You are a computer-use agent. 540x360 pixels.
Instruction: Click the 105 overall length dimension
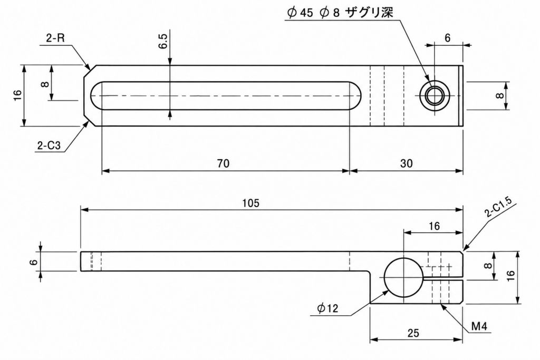point(250,203)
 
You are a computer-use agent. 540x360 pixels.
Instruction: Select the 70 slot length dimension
point(223,163)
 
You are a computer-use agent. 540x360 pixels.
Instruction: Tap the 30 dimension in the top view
point(407,163)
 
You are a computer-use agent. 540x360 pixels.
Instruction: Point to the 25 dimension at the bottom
point(413,333)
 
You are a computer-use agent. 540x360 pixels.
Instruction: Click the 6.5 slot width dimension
point(163,41)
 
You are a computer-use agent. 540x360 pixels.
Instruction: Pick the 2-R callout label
point(55,38)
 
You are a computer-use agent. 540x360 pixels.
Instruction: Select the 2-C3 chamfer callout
point(49,145)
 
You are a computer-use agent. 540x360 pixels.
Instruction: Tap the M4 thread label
point(479,326)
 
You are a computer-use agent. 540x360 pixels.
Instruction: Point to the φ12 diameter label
point(328,308)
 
